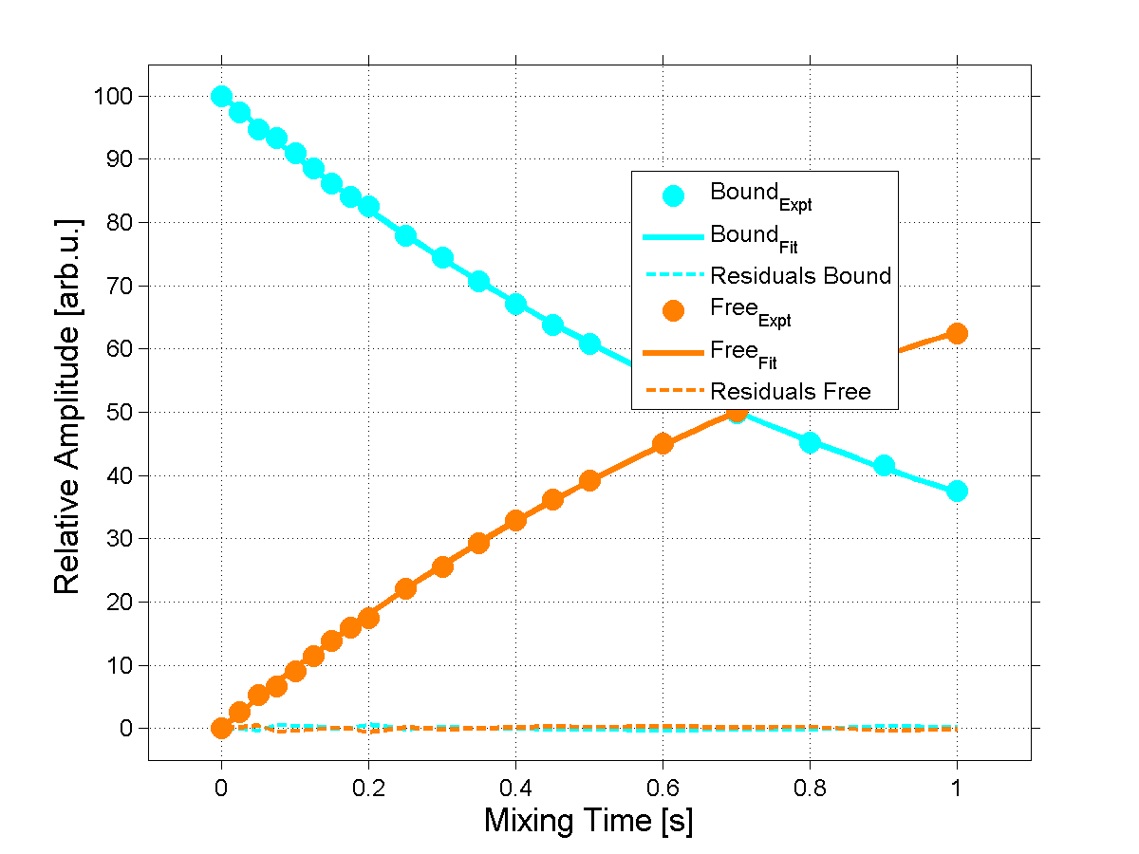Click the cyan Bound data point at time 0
click(x=221, y=96)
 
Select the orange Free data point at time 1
click(x=957, y=333)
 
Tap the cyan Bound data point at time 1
click(x=957, y=491)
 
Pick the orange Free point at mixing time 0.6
click(x=663, y=443)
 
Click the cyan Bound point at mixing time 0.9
click(x=884, y=465)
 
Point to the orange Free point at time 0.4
click(x=515, y=520)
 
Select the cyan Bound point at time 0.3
click(x=442, y=257)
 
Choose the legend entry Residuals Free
click(x=791, y=391)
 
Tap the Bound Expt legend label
click(x=760, y=195)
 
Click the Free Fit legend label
click(x=743, y=353)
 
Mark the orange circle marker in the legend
click(x=674, y=310)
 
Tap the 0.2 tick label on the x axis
click(x=368, y=787)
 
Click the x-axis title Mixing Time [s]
click(x=588, y=821)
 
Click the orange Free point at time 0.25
click(x=405, y=588)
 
